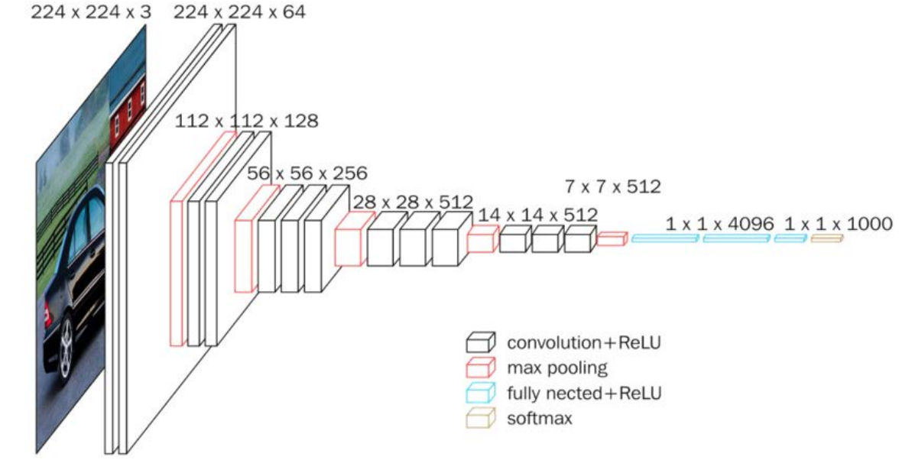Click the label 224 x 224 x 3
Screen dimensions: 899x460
click(x=91, y=12)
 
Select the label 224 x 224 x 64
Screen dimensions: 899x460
click(x=240, y=12)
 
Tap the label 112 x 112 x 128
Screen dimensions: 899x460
click(x=246, y=121)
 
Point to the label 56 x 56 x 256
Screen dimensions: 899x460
click(x=307, y=173)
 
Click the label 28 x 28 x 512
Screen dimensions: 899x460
click(x=413, y=202)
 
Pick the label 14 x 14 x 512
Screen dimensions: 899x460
click(x=538, y=215)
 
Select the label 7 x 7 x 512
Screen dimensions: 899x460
click(x=613, y=186)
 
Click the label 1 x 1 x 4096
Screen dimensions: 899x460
click(x=719, y=224)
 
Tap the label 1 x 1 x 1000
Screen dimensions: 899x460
click(x=838, y=224)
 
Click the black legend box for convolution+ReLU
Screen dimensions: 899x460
click(x=480, y=342)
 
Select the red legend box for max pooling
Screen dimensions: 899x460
click(x=480, y=368)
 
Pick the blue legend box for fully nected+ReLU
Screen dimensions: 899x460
click(x=480, y=393)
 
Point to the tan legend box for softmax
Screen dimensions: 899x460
click(x=480, y=418)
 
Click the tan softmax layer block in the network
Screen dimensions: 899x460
click(x=827, y=238)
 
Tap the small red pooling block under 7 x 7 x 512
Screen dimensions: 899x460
click(x=612, y=239)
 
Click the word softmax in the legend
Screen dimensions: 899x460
click(x=540, y=419)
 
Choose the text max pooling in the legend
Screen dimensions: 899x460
click(x=557, y=368)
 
